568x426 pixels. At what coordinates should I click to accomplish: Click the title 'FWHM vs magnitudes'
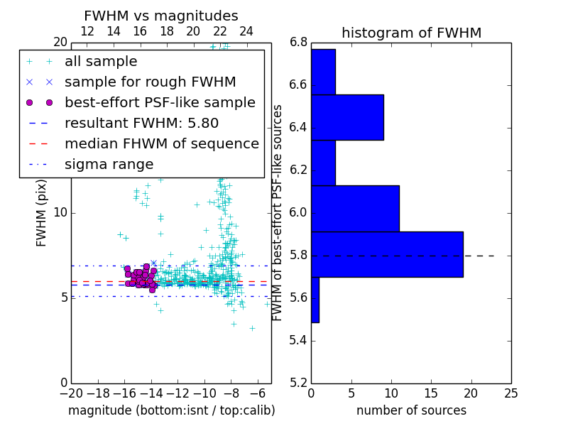click(x=160, y=16)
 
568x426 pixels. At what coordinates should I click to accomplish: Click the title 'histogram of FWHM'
click(x=411, y=33)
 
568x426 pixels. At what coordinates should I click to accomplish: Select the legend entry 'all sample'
click(x=101, y=62)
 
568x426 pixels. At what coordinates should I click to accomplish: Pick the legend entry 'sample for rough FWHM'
click(x=150, y=82)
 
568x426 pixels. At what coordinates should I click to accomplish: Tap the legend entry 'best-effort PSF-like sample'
click(x=160, y=103)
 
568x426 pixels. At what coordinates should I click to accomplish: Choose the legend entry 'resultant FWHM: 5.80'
click(x=141, y=124)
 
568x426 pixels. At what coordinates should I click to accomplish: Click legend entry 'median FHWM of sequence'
click(x=161, y=144)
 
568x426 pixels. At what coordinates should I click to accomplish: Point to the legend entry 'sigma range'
click(x=109, y=165)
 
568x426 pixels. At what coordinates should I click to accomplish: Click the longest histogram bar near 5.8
click(x=387, y=254)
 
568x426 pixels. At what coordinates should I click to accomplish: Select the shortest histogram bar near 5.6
click(x=315, y=300)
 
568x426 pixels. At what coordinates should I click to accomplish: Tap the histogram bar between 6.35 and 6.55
click(x=347, y=117)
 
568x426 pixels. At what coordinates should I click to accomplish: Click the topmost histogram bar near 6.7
click(x=323, y=72)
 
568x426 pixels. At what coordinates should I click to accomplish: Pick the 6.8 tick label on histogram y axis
click(x=298, y=42)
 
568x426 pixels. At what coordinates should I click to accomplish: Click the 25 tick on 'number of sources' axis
click(x=510, y=393)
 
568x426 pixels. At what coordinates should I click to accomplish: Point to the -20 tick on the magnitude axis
click(x=71, y=393)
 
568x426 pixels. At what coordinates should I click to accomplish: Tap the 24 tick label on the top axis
click(x=246, y=32)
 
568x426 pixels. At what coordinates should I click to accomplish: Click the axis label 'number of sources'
click(x=411, y=410)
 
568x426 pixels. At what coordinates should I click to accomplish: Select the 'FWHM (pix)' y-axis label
click(x=42, y=212)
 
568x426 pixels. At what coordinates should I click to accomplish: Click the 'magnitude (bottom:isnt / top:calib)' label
click(x=171, y=410)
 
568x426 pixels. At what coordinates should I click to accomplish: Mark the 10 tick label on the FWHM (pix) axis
click(x=60, y=212)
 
